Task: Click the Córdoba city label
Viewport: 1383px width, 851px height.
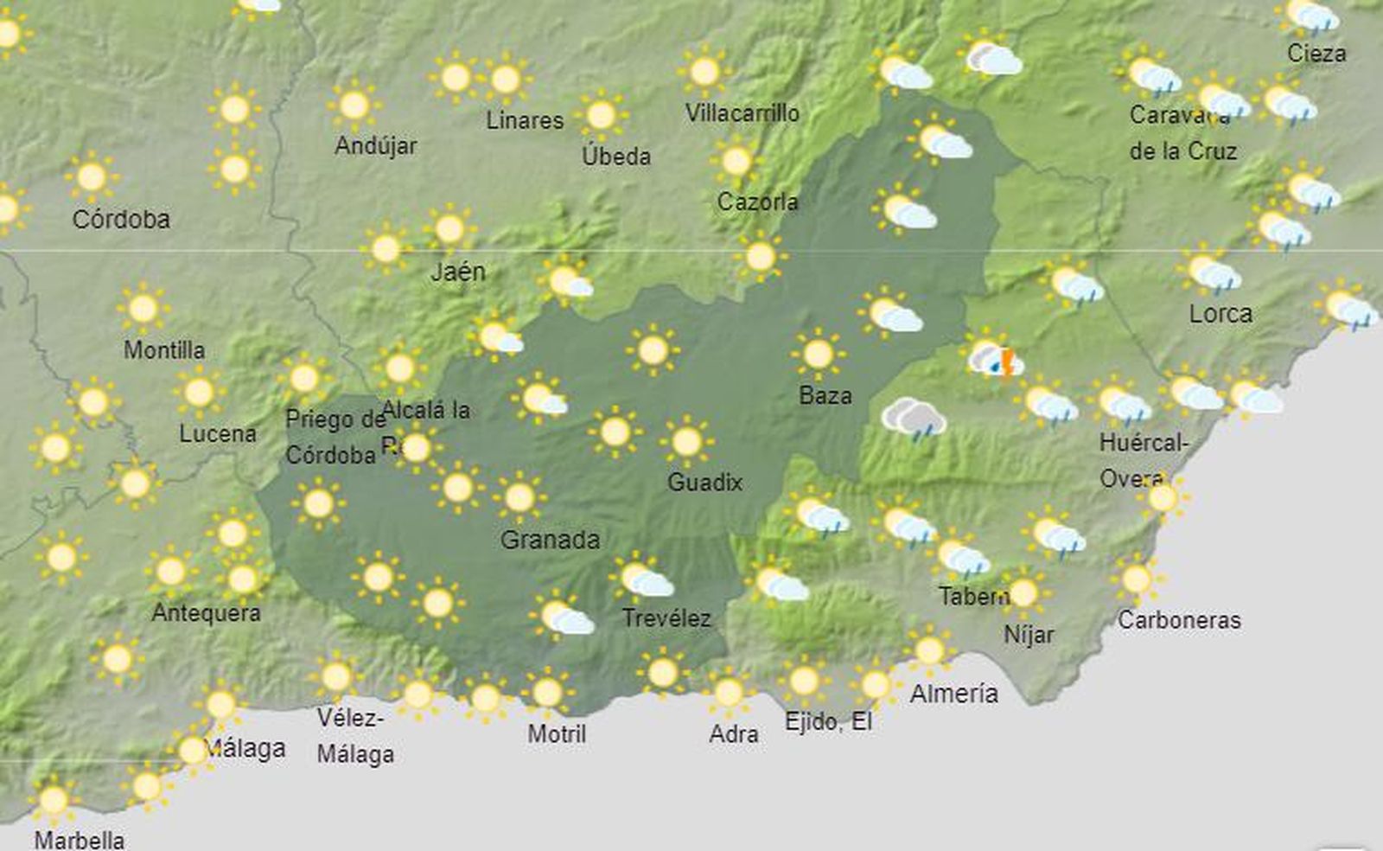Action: [121, 220]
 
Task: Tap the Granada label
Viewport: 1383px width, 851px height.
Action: [550, 540]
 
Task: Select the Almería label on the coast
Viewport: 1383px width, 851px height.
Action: [953, 693]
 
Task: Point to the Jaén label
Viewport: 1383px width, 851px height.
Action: [458, 272]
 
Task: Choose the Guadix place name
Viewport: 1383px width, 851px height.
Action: [704, 482]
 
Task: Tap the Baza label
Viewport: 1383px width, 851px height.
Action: [825, 395]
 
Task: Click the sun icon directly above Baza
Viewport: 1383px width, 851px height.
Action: [818, 354]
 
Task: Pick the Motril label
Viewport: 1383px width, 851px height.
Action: [557, 733]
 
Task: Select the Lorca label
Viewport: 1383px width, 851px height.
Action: [1220, 313]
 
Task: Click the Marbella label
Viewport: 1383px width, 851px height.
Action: [80, 839]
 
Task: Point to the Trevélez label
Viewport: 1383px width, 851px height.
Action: [666, 617]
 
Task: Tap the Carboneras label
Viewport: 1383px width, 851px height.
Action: [1179, 619]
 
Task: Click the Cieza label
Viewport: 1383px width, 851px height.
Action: [1316, 53]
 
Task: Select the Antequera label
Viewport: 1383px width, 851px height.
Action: [206, 612]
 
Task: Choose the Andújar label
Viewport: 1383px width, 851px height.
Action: [375, 144]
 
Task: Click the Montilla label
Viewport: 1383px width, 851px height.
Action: [164, 349]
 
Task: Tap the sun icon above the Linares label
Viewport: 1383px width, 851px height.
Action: [506, 80]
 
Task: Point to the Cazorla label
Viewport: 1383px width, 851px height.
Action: [757, 202]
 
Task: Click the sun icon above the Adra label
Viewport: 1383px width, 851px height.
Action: [729, 693]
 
